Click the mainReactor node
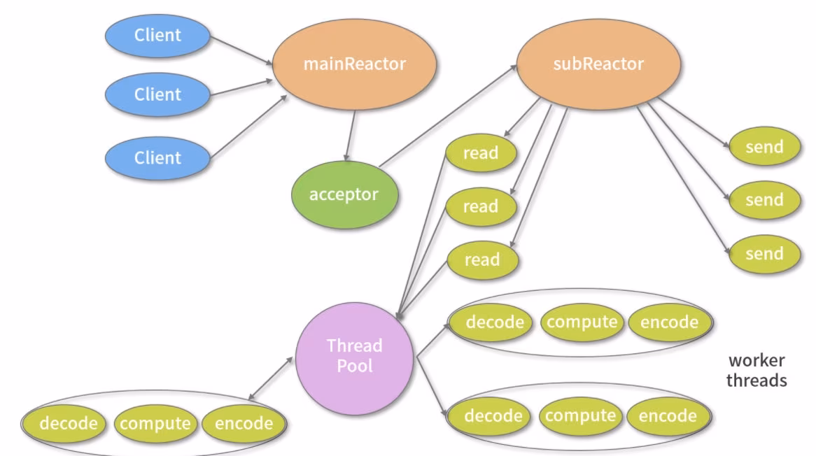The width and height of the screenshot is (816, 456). pos(354,64)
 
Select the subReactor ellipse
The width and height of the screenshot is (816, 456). pos(598,64)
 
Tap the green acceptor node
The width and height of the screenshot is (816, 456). pos(344,194)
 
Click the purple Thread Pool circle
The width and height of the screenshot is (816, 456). pos(355,356)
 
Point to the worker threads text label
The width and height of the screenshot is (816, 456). pos(757,371)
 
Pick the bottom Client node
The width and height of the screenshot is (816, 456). pos(157,158)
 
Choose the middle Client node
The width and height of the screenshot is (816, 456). pos(157,94)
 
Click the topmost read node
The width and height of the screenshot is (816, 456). pos(481,153)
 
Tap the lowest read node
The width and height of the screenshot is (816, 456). pos(482,260)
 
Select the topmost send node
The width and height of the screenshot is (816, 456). pos(764,148)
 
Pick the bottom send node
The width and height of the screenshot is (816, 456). pos(764,254)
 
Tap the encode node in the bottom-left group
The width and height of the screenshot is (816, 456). pos(244,423)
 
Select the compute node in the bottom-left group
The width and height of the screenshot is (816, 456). pos(154,423)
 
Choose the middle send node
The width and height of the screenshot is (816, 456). pos(764,200)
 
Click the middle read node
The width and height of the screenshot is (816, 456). pos(481,207)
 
